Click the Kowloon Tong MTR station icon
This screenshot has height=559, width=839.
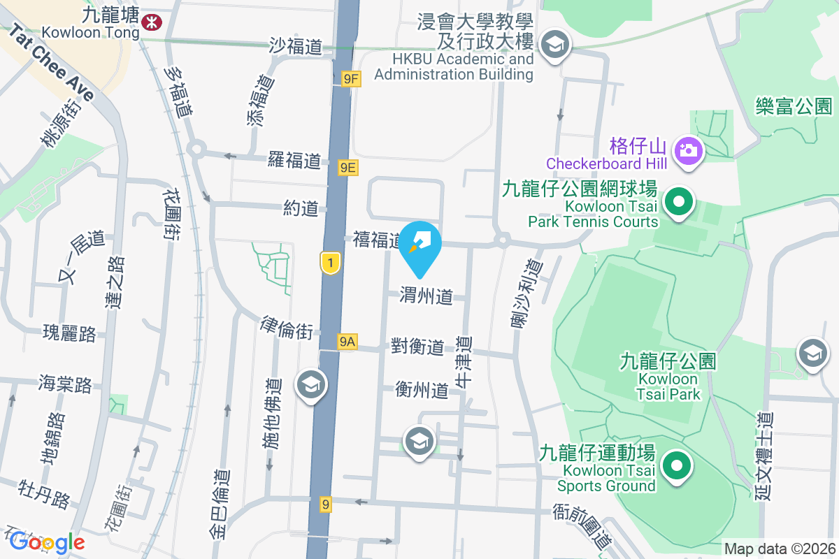pyautogui.click(x=150, y=23)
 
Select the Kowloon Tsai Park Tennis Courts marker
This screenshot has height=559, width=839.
pyautogui.click(x=677, y=203)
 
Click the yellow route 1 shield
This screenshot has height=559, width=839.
pyautogui.click(x=331, y=263)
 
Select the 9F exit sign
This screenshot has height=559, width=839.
pyautogui.click(x=350, y=79)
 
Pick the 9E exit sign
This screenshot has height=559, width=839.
pyautogui.click(x=348, y=167)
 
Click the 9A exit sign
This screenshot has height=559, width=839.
pyautogui.click(x=347, y=341)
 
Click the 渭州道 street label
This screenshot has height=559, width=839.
pyautogui.click(x=426, y=296)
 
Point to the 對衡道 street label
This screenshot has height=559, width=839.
pyautogui.click(x=417, y=346)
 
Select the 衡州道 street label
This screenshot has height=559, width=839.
pyautogui.click(x=421, y=390)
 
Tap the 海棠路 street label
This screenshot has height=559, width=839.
pyautogui.click(x=65, y=384)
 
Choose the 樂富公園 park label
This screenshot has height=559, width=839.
pyautogui.click(x=794, y=106)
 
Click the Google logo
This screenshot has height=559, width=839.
pyautogui.click(x=47, y=542)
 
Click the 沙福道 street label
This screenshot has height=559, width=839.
pyautogui.click(x=296, y=46)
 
